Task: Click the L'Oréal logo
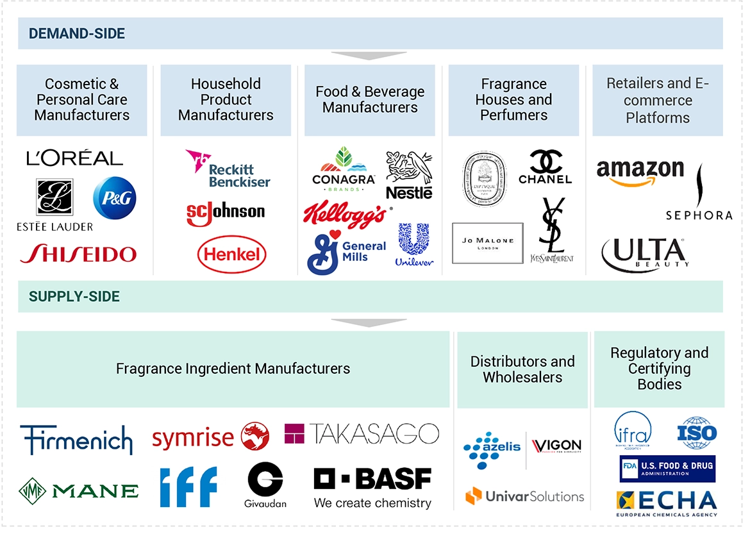point(74,158)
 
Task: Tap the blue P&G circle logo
point(115,198)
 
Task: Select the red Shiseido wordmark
point(78,254)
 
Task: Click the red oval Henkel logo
point(231,254)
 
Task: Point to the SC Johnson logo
point(226,213)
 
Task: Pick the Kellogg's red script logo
point(344,214)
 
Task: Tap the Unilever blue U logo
point(414,244)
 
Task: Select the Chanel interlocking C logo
point(545,167)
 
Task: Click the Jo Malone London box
point(487,243)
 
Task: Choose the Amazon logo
point(640,172)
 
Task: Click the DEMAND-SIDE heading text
point(77,33)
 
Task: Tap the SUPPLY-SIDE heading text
point(74,297)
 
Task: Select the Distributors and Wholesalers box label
point(522,369)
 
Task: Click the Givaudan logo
point(265,485)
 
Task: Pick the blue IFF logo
point(188,487)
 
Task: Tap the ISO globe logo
point(697,433)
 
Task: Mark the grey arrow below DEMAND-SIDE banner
point(370,56)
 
